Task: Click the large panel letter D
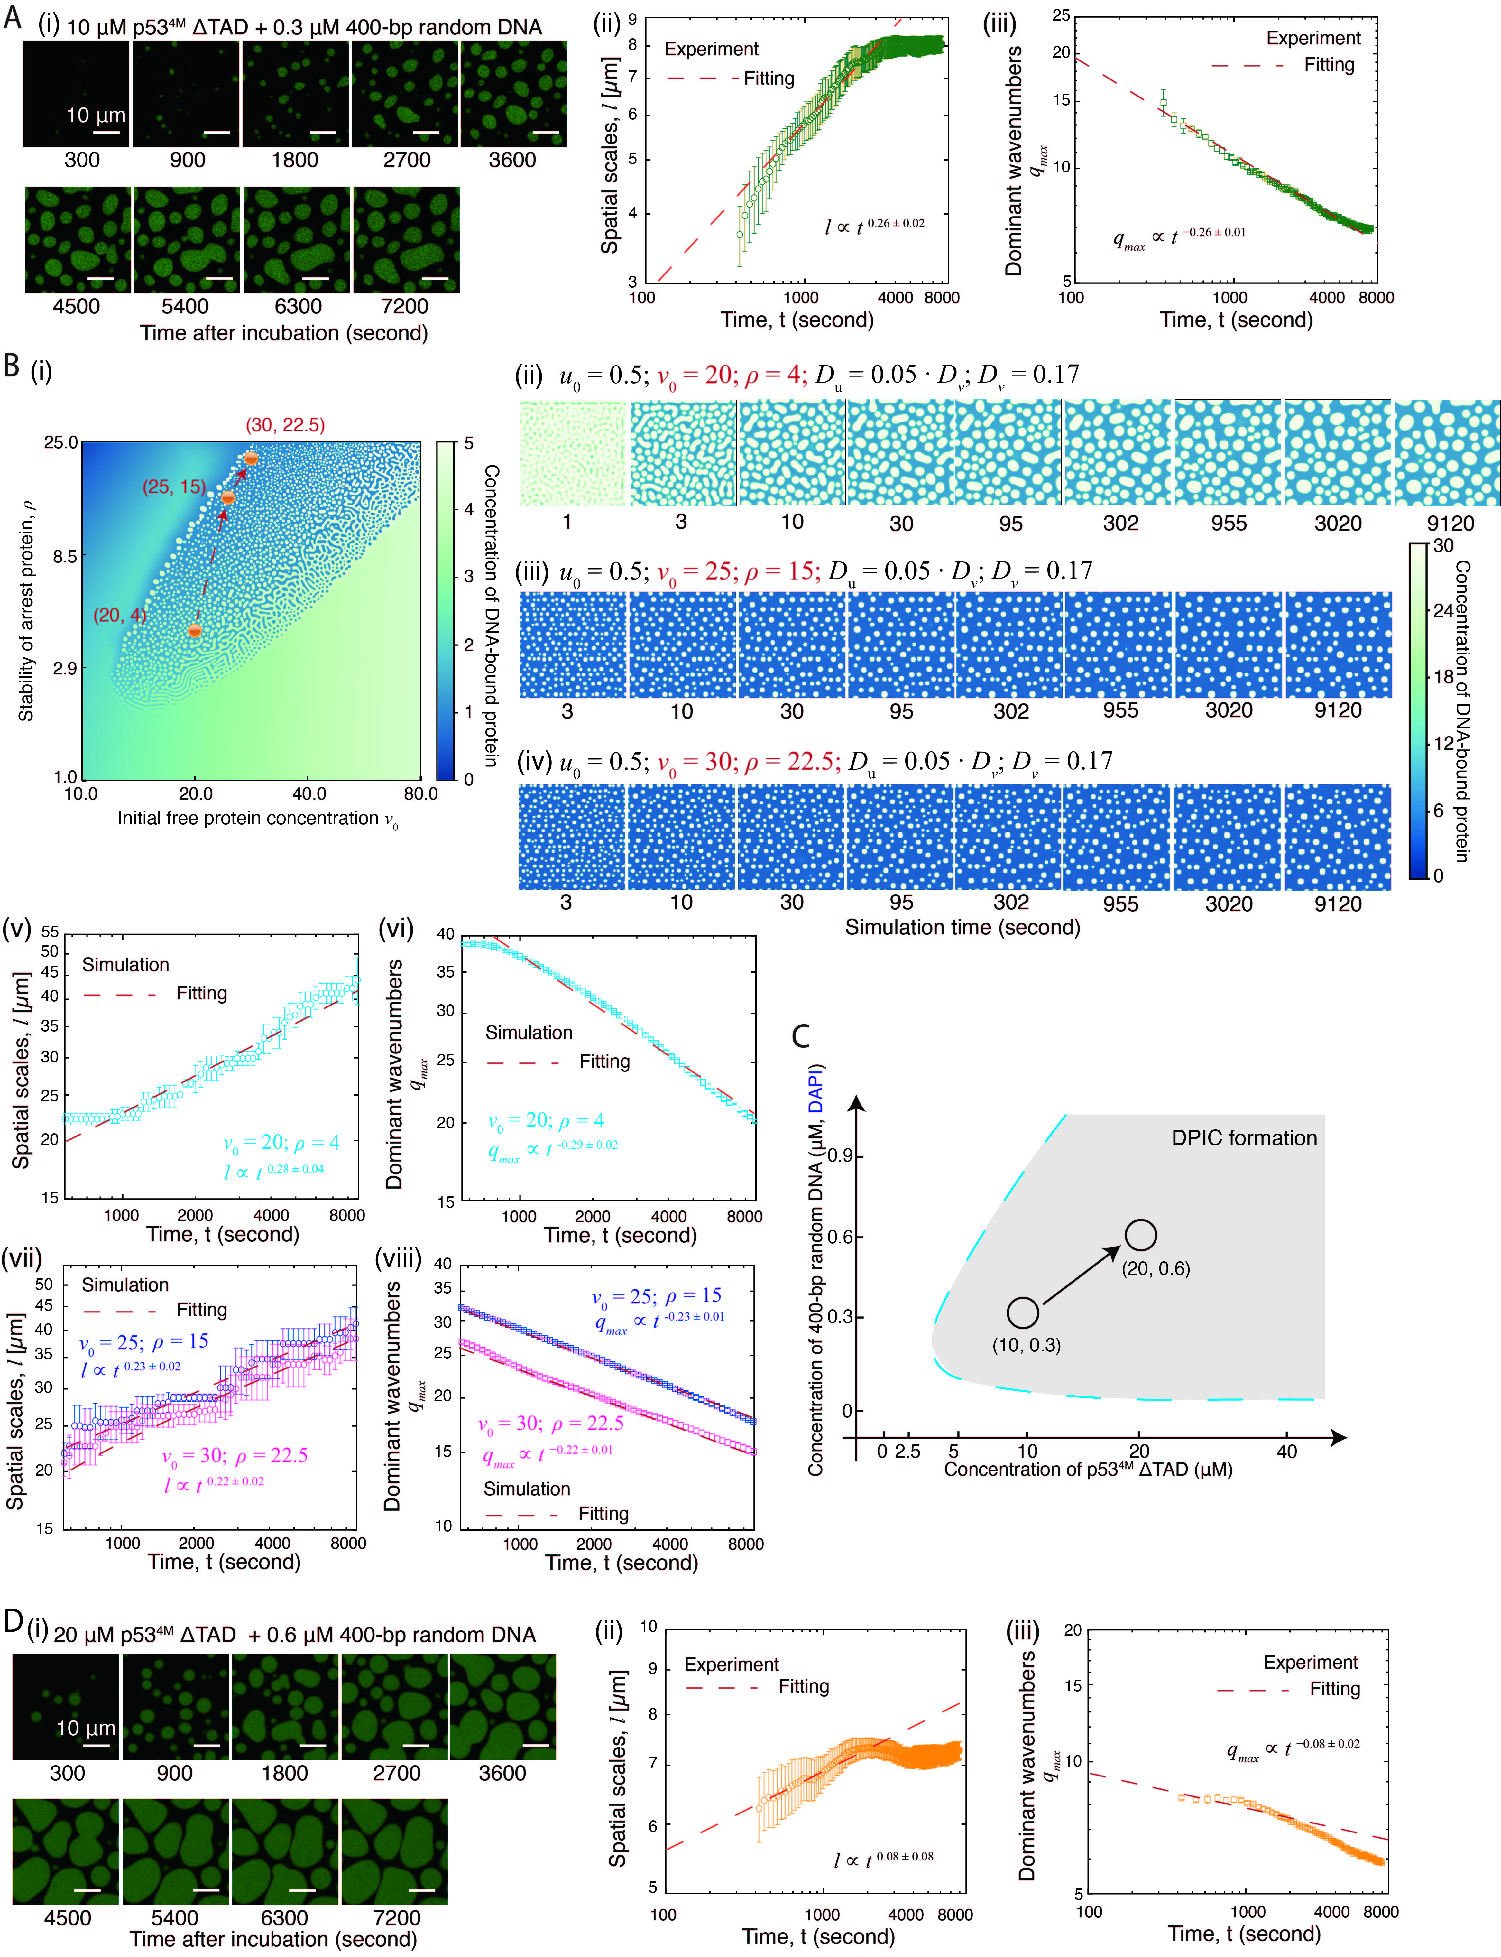click(13, 1621)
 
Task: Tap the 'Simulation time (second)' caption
click(962, 928)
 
